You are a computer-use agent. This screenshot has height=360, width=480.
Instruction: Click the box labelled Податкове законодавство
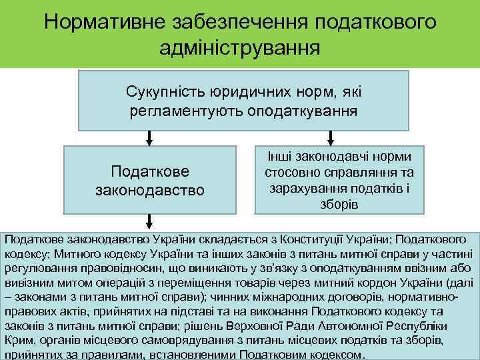[x=149, y=181]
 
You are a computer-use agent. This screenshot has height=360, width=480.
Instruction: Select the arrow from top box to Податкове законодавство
[x=149, y=138]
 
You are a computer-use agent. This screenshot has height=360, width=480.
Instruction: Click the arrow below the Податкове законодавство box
[x=149, y=222]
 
